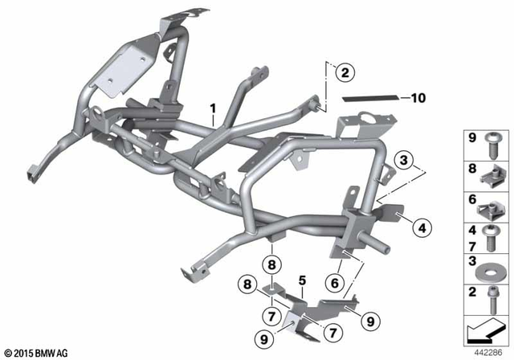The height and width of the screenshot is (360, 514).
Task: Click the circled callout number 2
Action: coord(345,73)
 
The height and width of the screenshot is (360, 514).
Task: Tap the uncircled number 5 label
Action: coord(303,281)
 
